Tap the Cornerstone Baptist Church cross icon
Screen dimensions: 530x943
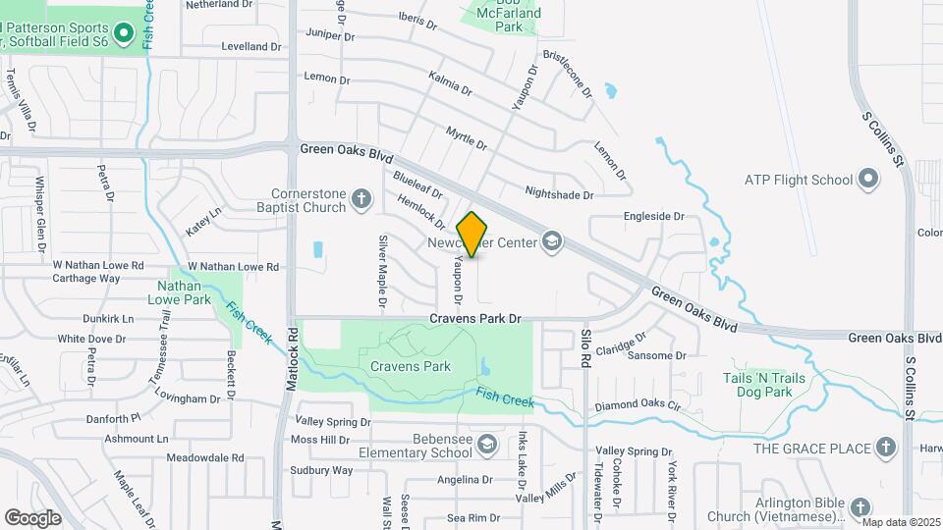[x=361, y=200]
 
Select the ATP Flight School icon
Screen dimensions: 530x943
[x=867, y=179]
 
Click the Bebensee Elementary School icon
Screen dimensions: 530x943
[x=485, y=446]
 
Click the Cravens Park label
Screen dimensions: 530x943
[x=411, y=366]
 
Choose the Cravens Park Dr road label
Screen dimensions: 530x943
[x=475, y=319]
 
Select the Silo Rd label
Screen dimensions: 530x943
[x=585, y=348]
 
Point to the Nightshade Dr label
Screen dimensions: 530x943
[x=560, y=194]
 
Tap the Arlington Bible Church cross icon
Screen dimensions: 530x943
[x=860, y=507]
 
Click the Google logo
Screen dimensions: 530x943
[x=32, y=517]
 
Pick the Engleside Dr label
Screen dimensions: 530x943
[x=653, y=216]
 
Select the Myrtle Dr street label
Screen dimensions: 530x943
[x=466, y=137]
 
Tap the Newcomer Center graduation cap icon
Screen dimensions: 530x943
[x=552, y=241]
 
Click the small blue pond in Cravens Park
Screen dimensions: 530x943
[x=487, y=368]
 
